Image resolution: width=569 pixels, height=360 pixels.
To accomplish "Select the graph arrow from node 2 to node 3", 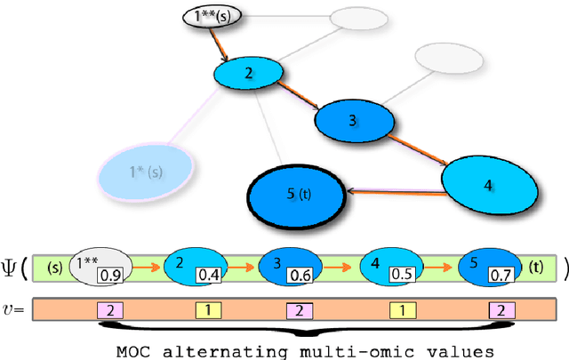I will click(x=299, y=96).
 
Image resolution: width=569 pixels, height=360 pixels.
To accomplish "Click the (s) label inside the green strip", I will click(x=52, y=266).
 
